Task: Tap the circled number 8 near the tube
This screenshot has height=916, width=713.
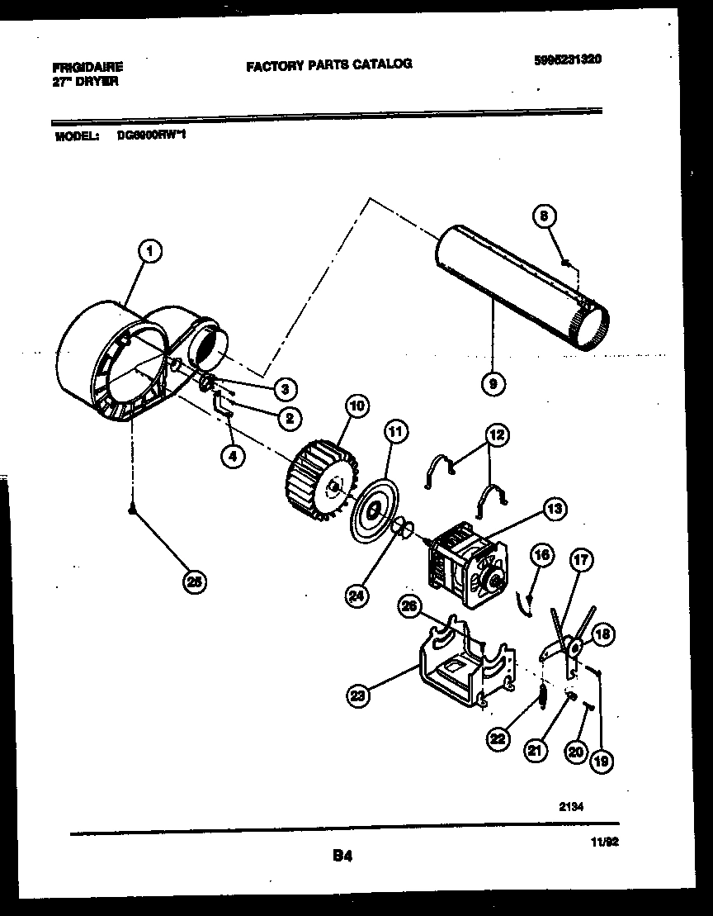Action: point(544,217)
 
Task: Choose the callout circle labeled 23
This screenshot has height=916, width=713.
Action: point(357,696)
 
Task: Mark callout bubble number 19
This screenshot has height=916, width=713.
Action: point(602,762)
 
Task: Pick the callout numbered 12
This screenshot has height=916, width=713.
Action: point(497,435)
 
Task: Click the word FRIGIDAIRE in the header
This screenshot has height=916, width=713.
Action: point(87,68)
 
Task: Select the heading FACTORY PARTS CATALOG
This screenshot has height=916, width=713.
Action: point(328,64)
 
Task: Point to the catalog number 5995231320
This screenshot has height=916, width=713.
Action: point(566,59)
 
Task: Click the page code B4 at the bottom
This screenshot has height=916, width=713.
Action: point(342,857)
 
